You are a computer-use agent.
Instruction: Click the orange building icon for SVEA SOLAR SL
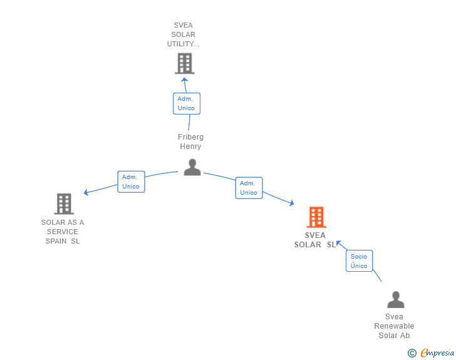click(316, 217)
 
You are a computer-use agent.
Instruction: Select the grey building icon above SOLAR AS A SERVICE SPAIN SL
click(64, 204)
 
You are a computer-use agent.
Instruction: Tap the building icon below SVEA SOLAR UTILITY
click(185, 63)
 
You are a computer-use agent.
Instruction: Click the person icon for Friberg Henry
click(192, 167)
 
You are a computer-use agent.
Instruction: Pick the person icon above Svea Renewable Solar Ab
click(396, 299)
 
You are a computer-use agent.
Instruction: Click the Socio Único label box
click(359, 261)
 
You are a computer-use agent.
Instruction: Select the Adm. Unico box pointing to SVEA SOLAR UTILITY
click(187, 103)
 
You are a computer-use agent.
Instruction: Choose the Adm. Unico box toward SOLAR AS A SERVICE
click(131, 182)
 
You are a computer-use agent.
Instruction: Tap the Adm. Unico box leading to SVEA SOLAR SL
click(249, 188)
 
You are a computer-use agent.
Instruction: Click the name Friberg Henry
click(190, 141)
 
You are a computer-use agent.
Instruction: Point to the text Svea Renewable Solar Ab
click(394, 326)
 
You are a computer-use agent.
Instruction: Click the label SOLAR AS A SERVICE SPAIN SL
click(63, 232)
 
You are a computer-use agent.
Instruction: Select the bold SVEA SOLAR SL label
click(315, 240)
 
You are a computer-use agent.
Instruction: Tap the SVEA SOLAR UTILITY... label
click(183, 34)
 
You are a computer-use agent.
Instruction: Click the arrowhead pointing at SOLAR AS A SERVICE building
click(86, 192)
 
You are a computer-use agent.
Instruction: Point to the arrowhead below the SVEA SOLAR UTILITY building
click(184, 80)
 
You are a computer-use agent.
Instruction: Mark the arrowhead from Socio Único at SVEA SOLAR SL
click(338, 243)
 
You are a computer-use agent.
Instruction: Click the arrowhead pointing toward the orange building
click(292, 203)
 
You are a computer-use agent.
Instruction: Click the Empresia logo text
click(437, 352)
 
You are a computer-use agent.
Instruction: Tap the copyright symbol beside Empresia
click(412, 353)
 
